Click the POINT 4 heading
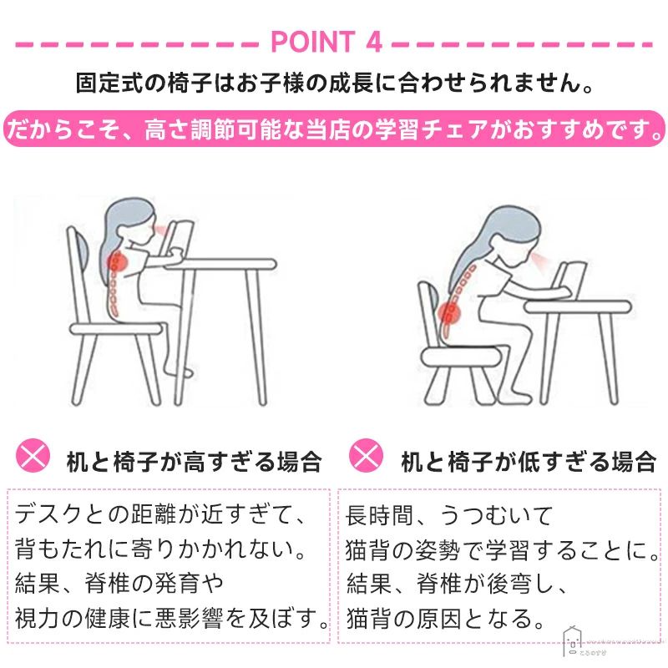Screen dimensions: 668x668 point(326,42)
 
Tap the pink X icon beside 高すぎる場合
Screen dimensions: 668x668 point(33,455)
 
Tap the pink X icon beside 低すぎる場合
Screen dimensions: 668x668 point(366,455)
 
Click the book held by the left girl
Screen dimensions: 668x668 point(179,239)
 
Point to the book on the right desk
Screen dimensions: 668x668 point(572,281)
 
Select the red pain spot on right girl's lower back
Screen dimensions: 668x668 point(449,314)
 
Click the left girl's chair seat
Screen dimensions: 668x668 point(116,328)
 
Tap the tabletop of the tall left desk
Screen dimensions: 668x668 point(220,264)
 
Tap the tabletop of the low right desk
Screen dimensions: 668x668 point(577,306)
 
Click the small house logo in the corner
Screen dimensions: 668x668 point(573,641)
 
